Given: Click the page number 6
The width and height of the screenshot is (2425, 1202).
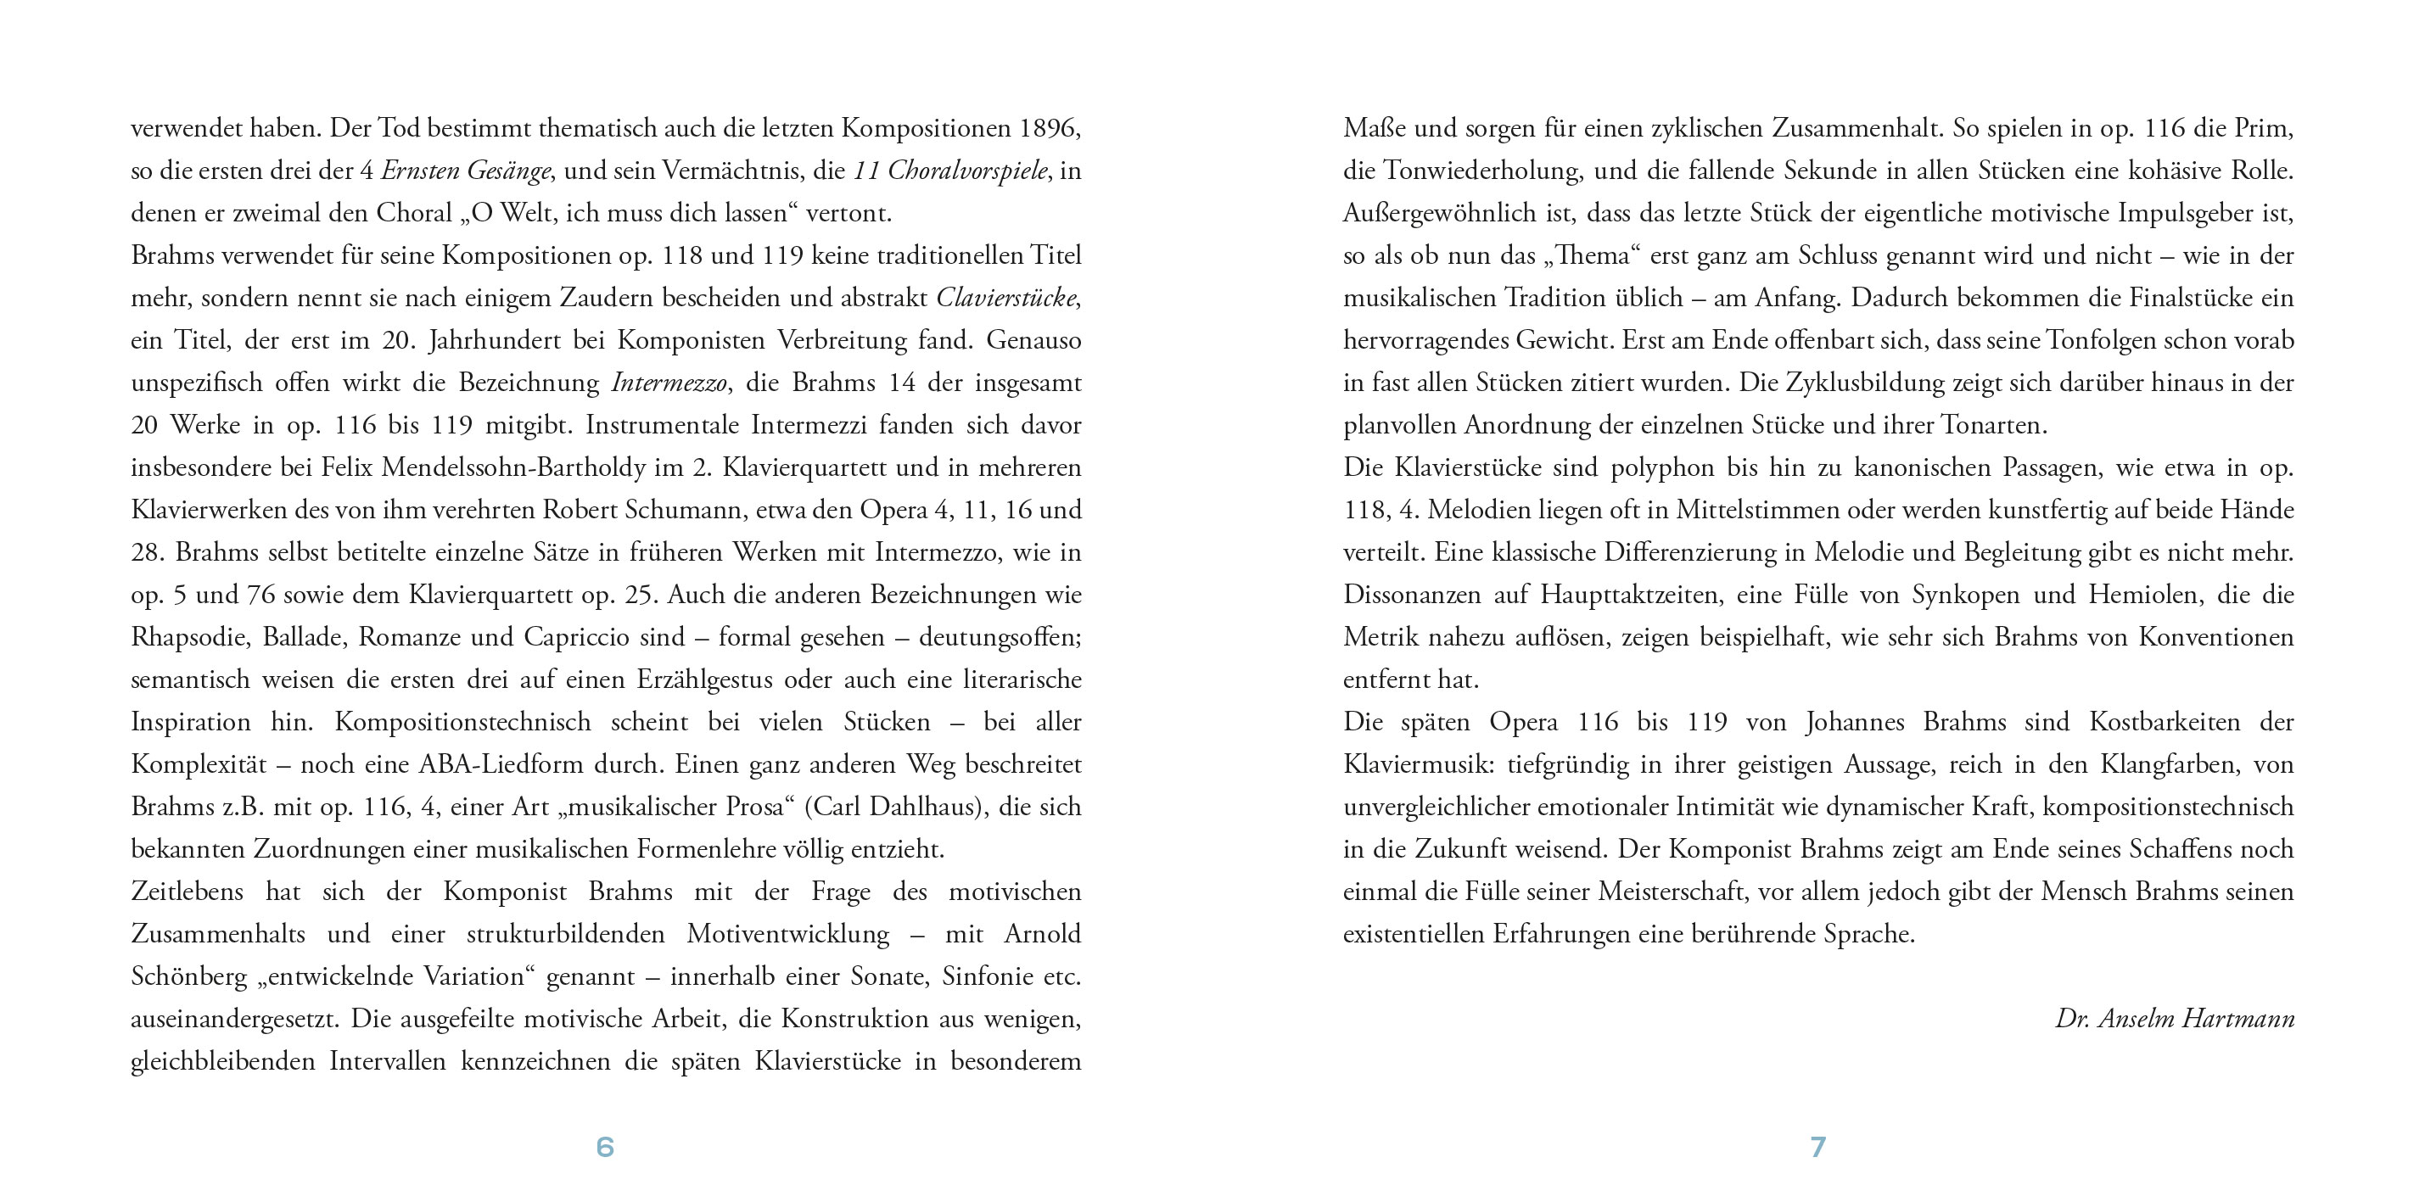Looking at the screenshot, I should (605, 1147).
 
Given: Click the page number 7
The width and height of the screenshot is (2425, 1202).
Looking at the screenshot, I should (1817, 1147).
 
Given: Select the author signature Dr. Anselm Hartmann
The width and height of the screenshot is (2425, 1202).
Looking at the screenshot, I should (2175, 1019).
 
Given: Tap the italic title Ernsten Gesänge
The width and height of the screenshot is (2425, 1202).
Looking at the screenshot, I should (465, 171).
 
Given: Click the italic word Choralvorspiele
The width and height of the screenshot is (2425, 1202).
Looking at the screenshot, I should (966, 171).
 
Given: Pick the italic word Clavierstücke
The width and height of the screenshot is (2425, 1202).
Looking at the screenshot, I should (1005, 299).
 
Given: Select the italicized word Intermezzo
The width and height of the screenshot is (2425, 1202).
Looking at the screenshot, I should (669, 383).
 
